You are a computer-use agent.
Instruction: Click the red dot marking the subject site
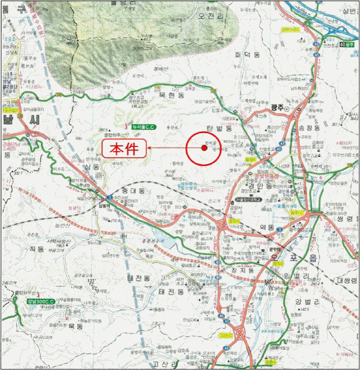204,148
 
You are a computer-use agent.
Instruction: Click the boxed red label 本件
124,149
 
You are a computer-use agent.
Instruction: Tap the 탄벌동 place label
219,128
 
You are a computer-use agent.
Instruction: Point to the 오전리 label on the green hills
211,16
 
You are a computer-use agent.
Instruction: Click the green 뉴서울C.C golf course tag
145,127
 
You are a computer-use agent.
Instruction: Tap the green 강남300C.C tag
40,301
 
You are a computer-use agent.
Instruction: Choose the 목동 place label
76,327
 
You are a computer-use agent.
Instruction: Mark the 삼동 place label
91,167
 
